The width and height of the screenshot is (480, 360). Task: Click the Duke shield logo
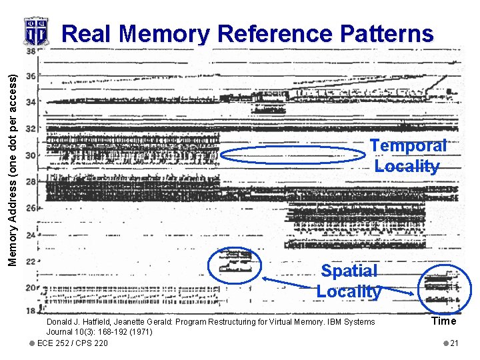pos(36,31)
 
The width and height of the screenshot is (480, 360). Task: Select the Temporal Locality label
pos(408,156)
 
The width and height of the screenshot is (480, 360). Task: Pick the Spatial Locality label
pos(349,281)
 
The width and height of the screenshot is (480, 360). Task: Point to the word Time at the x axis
pos(443,321)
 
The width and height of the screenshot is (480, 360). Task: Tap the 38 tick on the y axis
pos(30,51)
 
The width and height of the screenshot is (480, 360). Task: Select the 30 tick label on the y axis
pos(30,155)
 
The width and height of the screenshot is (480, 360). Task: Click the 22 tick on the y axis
pos(30,261)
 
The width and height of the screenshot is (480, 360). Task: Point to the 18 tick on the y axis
pos(30,311)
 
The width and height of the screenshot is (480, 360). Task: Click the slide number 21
pos(454,343)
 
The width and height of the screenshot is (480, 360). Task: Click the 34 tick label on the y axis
pos(30,103)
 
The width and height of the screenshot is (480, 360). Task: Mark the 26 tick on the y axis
pos(30,208)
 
